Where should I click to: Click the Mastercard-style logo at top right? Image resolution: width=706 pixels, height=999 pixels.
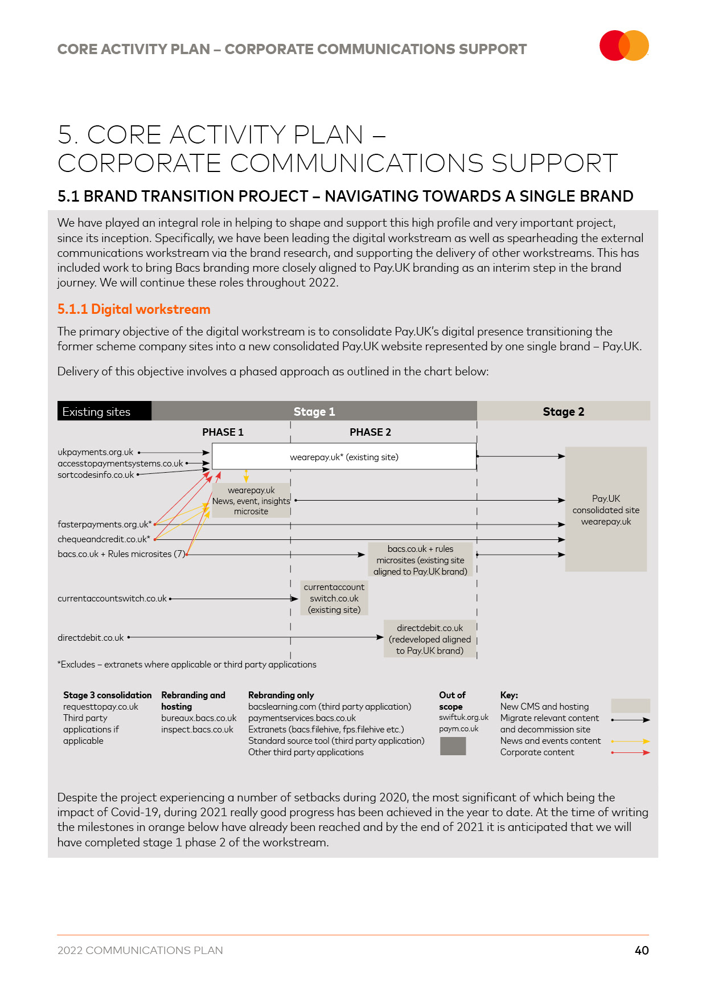(x=624, y=46)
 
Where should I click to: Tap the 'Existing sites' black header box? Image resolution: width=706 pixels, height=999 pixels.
(x=104, y=411)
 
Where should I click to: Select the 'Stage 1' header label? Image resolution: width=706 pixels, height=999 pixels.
(x=314, y=411)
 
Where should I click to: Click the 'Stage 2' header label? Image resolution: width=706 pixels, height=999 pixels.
(x=563, y=411)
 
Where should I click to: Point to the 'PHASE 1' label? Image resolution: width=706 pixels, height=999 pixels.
(x=223, y=432)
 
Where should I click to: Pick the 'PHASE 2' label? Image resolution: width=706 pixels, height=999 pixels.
(x=370, y=432)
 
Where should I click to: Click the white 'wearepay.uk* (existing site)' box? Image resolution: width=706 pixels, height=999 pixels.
(x=344, y=457)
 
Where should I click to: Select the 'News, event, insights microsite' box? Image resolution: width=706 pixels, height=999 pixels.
(x=251, y=501)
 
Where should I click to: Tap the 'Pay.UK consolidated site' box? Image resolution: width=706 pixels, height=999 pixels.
(x=606, y=509)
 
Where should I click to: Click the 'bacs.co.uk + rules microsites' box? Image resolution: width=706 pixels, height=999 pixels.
(x=420, y=560)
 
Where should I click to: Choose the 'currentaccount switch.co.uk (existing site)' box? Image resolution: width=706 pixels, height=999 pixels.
(x=334, y=598)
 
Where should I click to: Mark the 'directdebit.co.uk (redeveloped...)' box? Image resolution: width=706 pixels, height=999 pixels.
(x=430, y=639)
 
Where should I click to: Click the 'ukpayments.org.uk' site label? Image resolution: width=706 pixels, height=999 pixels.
(x=95, y=452)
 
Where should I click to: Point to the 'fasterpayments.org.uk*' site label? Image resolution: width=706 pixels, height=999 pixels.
(x=104, y=524)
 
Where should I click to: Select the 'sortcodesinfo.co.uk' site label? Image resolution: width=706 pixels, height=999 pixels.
(x=96, y=475)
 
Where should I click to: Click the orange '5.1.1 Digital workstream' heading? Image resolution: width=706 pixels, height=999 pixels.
(x=134, y=309)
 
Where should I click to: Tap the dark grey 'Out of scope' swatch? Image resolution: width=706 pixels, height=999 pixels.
(x=453, y=746)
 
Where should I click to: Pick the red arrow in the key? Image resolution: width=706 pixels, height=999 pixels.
(x=630, y=752)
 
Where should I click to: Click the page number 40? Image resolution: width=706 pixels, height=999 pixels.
(x=642, y=950)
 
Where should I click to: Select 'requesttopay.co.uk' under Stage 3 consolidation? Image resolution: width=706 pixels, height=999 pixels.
(x=101, y=707)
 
